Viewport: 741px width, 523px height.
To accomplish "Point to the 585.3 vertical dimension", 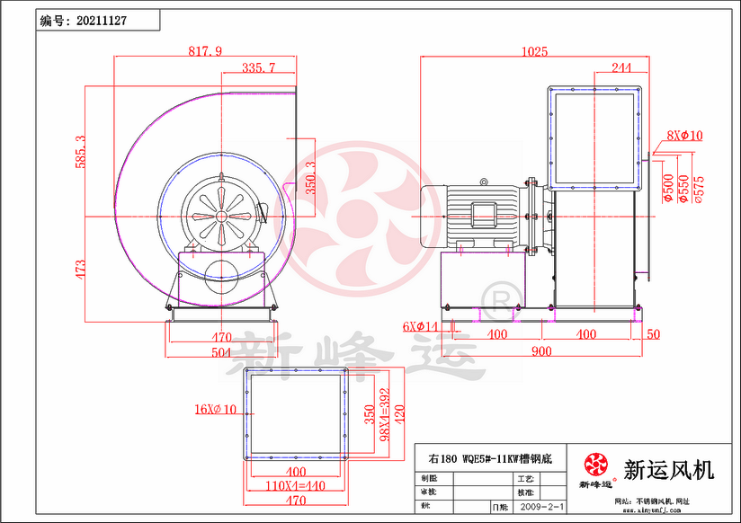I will [x=80, y=152].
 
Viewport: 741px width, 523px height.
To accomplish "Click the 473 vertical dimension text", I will [x=80, y=268].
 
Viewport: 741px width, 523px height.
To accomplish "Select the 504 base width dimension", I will [x=221, y=352].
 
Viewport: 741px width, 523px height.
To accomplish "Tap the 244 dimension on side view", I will [x=620, y=67].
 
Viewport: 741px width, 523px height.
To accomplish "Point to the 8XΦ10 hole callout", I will [x=684, y=136].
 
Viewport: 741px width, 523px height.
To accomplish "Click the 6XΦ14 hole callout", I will [x=420, y=326].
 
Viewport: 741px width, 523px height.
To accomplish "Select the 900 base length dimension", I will [x=540, y=351].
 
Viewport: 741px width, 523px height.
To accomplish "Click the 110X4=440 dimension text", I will [x=294, y=486].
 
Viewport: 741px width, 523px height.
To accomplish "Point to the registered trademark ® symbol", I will [x=495, y=297].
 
